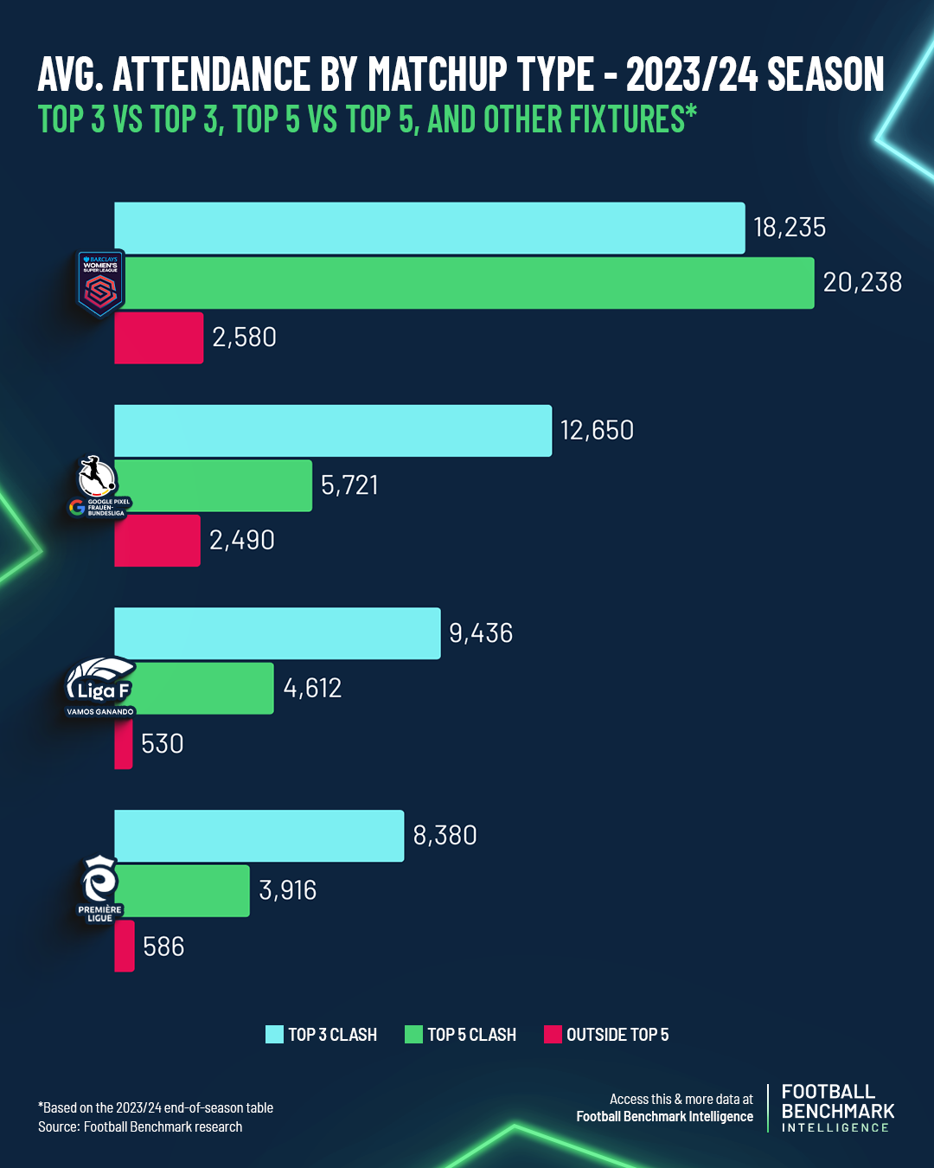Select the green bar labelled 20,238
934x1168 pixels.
pyautogui.click(x=467, y=283)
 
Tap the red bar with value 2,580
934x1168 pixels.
pyautogui.click(x=159, y=338)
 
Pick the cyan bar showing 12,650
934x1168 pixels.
pyautogui.click(x=333, y=431)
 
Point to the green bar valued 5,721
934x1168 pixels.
pyautogui.click(x=216, y=485)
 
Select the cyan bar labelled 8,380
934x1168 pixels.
pyautogui.click(x=259, y=836)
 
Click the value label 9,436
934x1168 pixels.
pyautogui.click(x=481, y=633)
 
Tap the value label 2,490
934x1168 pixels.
pyautogui.click(x=242, y=540)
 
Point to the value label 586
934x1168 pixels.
pyautogui.click(x=163, y=947)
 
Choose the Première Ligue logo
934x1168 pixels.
pyautogui.click(x=99, y=889)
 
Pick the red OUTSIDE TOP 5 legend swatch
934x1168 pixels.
pyautogui.click(x=553, y=1035)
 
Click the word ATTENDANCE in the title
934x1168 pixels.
pyautogui.click(x=212, y=74)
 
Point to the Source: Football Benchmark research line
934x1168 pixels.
pyautogui.click(x=140, y=1127)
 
